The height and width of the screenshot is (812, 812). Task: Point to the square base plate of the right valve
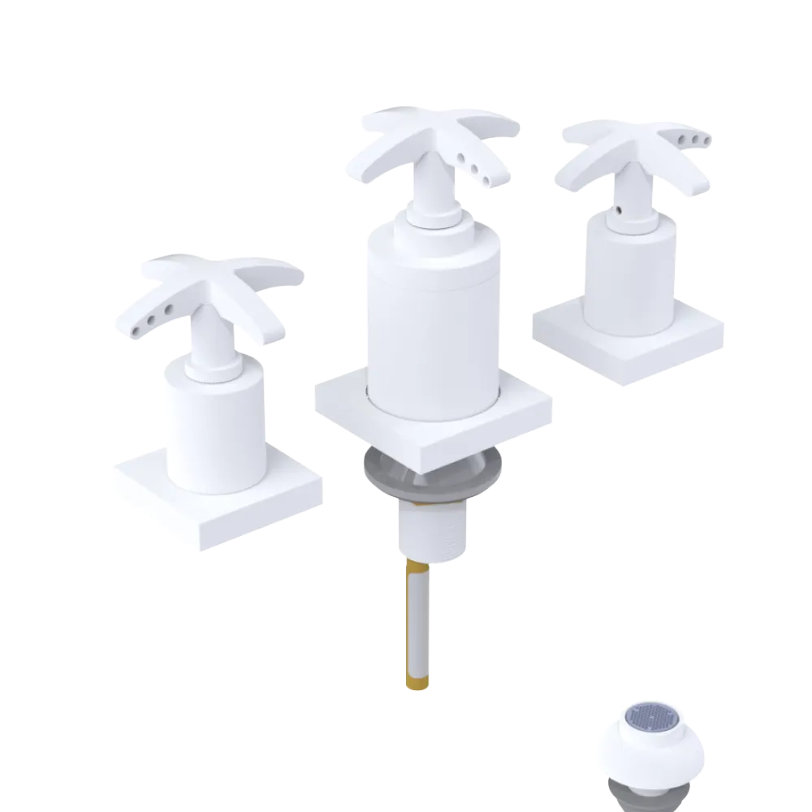pyautogui.click(x=629, y=341)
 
